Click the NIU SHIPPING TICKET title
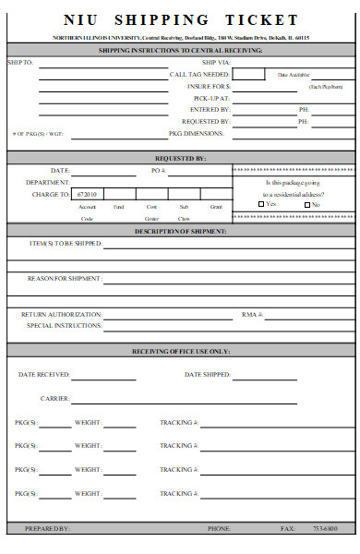(x=181, y=19)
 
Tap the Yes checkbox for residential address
(x=261, y=204)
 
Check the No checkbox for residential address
(x=306, y=204)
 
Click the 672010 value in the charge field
(x=88, y=195)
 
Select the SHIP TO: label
(x=19, y=62)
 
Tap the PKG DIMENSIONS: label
(x=196, y=134)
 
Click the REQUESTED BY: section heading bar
(x=181, y=158)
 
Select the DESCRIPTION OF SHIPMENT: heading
(x=181, y=231)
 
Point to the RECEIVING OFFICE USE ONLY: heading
(x=181, y=352)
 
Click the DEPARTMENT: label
(x=48, y=183)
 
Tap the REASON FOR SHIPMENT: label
(x=65, y=278)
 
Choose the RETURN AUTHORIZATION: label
(x=61, y=315)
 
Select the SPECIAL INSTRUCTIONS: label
(x=64, y=326)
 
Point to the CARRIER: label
(x=54, y=398)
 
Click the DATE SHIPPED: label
(x=207, y=375)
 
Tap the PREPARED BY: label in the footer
(x=46, y=529)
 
